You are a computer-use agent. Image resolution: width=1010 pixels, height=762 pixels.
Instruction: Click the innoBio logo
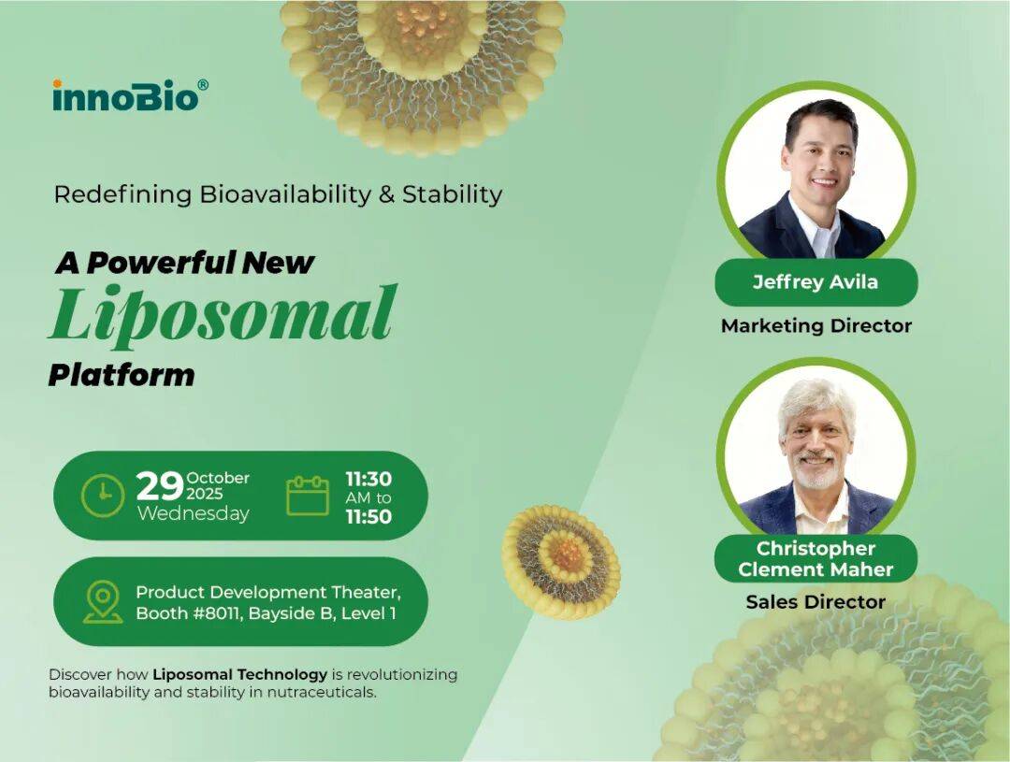pyautogui.click(x=125, y=95)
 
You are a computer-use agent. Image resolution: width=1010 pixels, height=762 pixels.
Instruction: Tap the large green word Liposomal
pyautogui.click(x=223, y=314)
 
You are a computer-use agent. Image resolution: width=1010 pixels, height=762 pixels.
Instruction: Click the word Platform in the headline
pyautogui.click(x=122, y=375)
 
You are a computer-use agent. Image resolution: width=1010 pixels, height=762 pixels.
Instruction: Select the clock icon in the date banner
pyautogui.click(x=103, y=496)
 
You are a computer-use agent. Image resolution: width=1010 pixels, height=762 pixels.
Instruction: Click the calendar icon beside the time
pyautogui.click(x=308, y=496)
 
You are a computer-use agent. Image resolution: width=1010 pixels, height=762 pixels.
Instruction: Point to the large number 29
pyautogui.click(x=159, y=487)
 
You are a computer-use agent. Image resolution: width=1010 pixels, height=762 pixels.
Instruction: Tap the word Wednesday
pyautogui.click(x=194, y=513)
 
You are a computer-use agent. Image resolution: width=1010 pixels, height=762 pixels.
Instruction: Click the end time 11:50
pyautogui.click(x=368, y=516)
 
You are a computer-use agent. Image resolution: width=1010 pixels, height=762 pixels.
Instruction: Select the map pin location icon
pyautogui.click(x=102, y=601)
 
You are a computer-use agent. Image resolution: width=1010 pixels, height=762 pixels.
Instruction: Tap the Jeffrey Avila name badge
pyautogui.click(x=815, y=282)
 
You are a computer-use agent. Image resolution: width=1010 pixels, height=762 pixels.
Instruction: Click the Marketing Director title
pyautogui.click(x=815, y=325)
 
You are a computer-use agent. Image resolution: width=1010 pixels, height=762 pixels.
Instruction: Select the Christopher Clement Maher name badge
pyautogui.click(x=815, y=558)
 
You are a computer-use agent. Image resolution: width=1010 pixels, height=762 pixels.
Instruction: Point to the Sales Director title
pyautogui.click(x=815, y=601)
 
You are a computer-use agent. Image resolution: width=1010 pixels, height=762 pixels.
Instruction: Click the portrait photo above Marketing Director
pyautogui.click(x=816, y=178)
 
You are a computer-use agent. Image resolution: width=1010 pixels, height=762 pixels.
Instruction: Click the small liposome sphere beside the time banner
pyautogui.click(x=561, y=561)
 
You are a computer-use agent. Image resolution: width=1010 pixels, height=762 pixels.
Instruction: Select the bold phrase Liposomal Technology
pyautogui.click(x=240, y=674)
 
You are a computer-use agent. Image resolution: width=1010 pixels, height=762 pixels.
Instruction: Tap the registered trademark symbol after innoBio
pyautogui.click(x=203, y=85)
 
